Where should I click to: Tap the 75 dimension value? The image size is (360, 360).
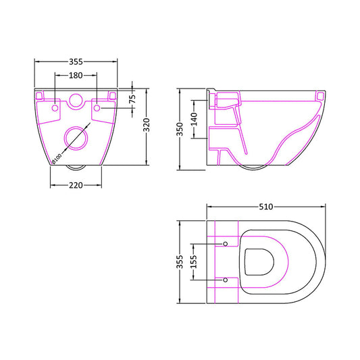point(132,98)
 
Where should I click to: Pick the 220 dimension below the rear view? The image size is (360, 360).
point(76,186)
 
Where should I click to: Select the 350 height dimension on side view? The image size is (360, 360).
point(180,128)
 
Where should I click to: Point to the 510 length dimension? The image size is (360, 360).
point(267,207)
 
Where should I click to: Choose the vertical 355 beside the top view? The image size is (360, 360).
point(180,261)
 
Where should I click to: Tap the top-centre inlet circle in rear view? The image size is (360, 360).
point(76,102)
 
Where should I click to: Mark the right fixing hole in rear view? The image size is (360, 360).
point(97,107)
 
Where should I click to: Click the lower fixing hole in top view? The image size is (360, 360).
point(226,278)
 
